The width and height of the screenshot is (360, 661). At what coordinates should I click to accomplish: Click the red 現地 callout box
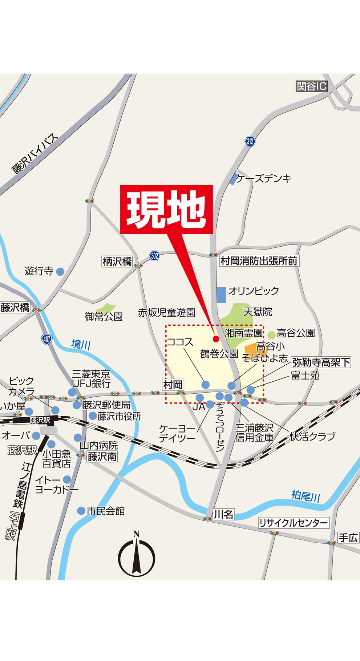166,209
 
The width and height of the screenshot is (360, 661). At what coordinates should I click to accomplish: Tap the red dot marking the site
215,339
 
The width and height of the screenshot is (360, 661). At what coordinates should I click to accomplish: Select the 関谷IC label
311,86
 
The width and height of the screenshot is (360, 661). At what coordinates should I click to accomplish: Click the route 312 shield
250,141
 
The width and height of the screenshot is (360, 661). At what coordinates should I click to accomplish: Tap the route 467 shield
46,340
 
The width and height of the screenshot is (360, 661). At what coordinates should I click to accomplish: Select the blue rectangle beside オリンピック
221,294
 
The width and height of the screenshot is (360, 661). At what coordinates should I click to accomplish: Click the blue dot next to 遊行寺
60,271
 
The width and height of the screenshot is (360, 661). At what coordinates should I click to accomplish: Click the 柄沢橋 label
117,261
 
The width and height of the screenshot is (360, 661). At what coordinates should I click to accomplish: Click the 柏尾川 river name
306,496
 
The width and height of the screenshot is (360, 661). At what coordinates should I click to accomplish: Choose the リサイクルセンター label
293,523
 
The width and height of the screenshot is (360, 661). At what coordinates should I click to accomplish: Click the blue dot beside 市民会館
81,511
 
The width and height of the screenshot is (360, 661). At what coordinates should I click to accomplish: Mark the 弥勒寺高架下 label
321,362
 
